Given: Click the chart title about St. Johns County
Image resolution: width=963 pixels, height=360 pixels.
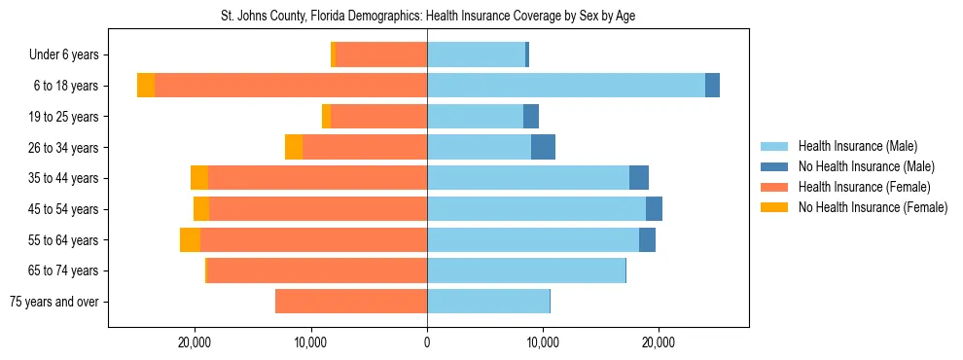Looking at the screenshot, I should [x=428, y=17].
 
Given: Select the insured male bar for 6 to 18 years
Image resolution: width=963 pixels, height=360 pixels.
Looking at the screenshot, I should [x=565, y=86].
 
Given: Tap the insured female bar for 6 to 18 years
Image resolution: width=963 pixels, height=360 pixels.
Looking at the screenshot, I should [x=291, y=86].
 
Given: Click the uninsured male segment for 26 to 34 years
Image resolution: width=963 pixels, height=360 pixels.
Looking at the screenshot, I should [x=543, y=147].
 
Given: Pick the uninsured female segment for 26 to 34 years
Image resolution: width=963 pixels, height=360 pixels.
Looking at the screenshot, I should [x=293, y=147].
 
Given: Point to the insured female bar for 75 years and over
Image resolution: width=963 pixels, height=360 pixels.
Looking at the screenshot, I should [x=351, y=302].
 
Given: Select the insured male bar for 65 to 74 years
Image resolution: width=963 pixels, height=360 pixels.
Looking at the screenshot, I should [x=525, y=270].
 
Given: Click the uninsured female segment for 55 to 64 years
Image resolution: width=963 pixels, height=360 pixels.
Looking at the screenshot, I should [x=190, y=239].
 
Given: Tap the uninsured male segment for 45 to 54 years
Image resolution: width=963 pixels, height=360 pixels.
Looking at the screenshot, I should [x=654, y=209].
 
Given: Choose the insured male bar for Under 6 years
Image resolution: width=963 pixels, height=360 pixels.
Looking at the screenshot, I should [x=476, y=54].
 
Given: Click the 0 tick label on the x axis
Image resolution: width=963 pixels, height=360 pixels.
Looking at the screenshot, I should [x=427, y=343].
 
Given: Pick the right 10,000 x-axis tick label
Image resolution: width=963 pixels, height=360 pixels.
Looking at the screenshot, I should [x=543, y=343].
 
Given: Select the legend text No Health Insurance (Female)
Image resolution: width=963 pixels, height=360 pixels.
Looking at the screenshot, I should [x=873, y=207].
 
